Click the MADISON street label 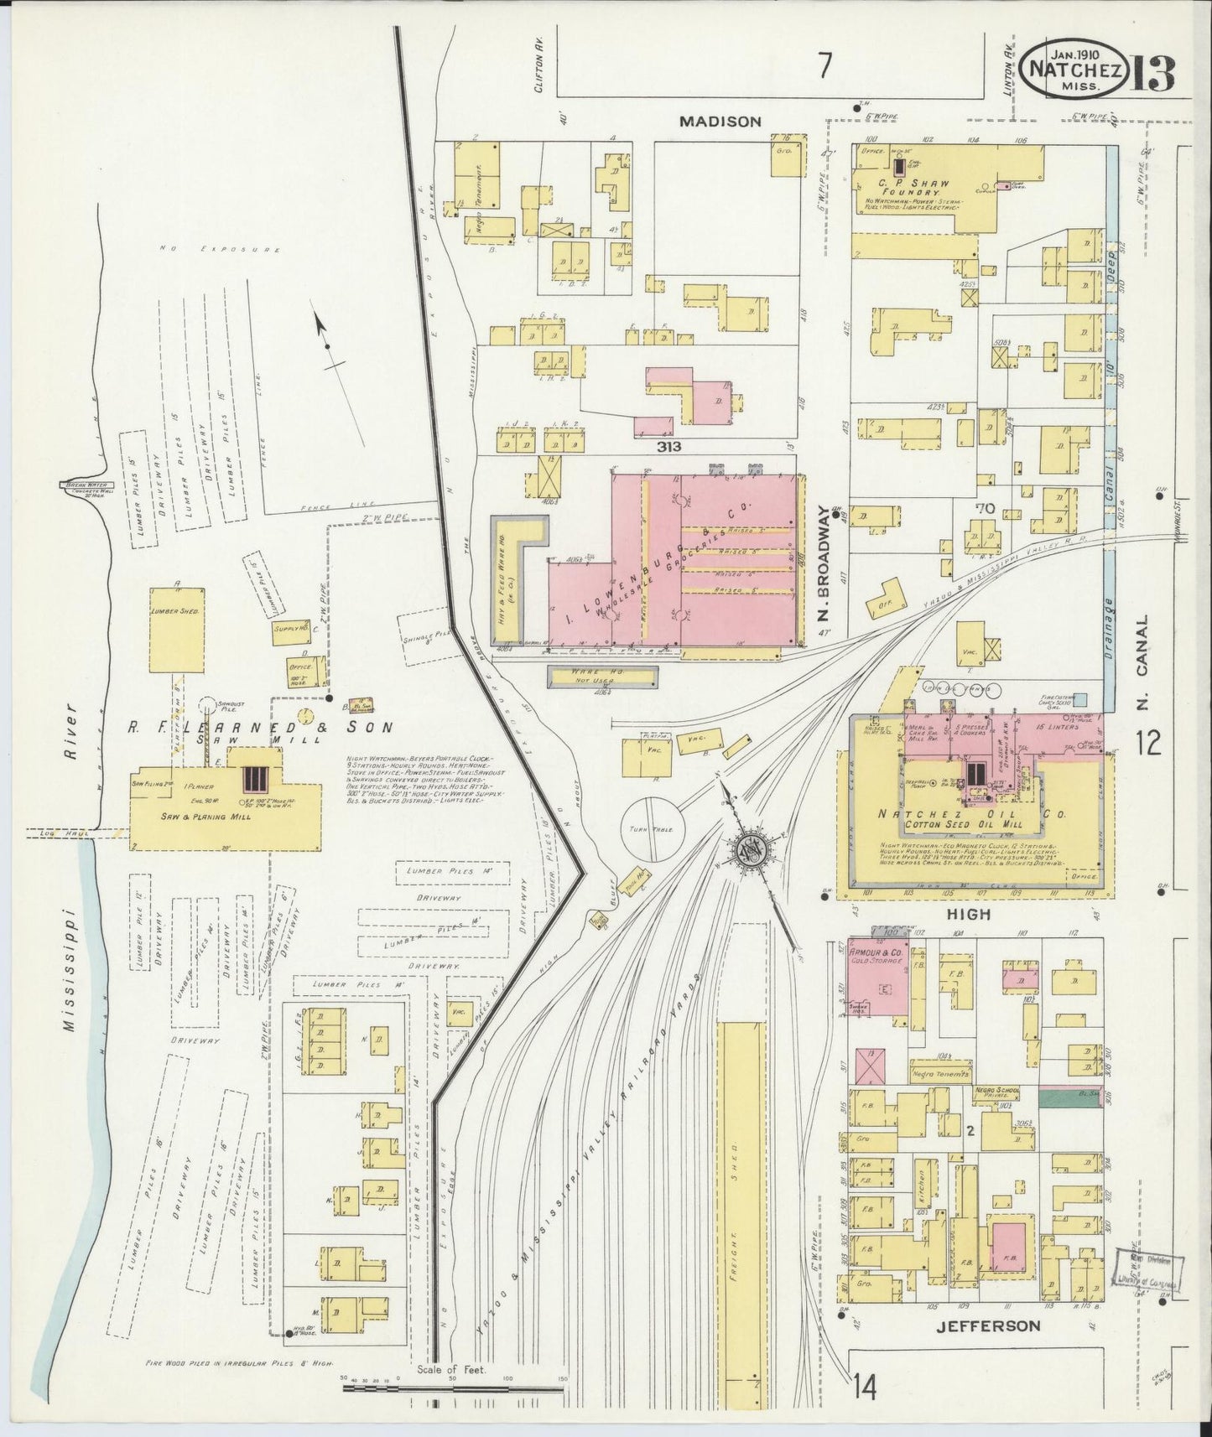point(720,122)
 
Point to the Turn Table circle point(652,828)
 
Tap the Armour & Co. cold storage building point(877,982)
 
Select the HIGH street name point(970,915)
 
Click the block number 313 point(669,447)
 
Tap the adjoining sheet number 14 point(866,1387)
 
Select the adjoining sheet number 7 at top point(825,65)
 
